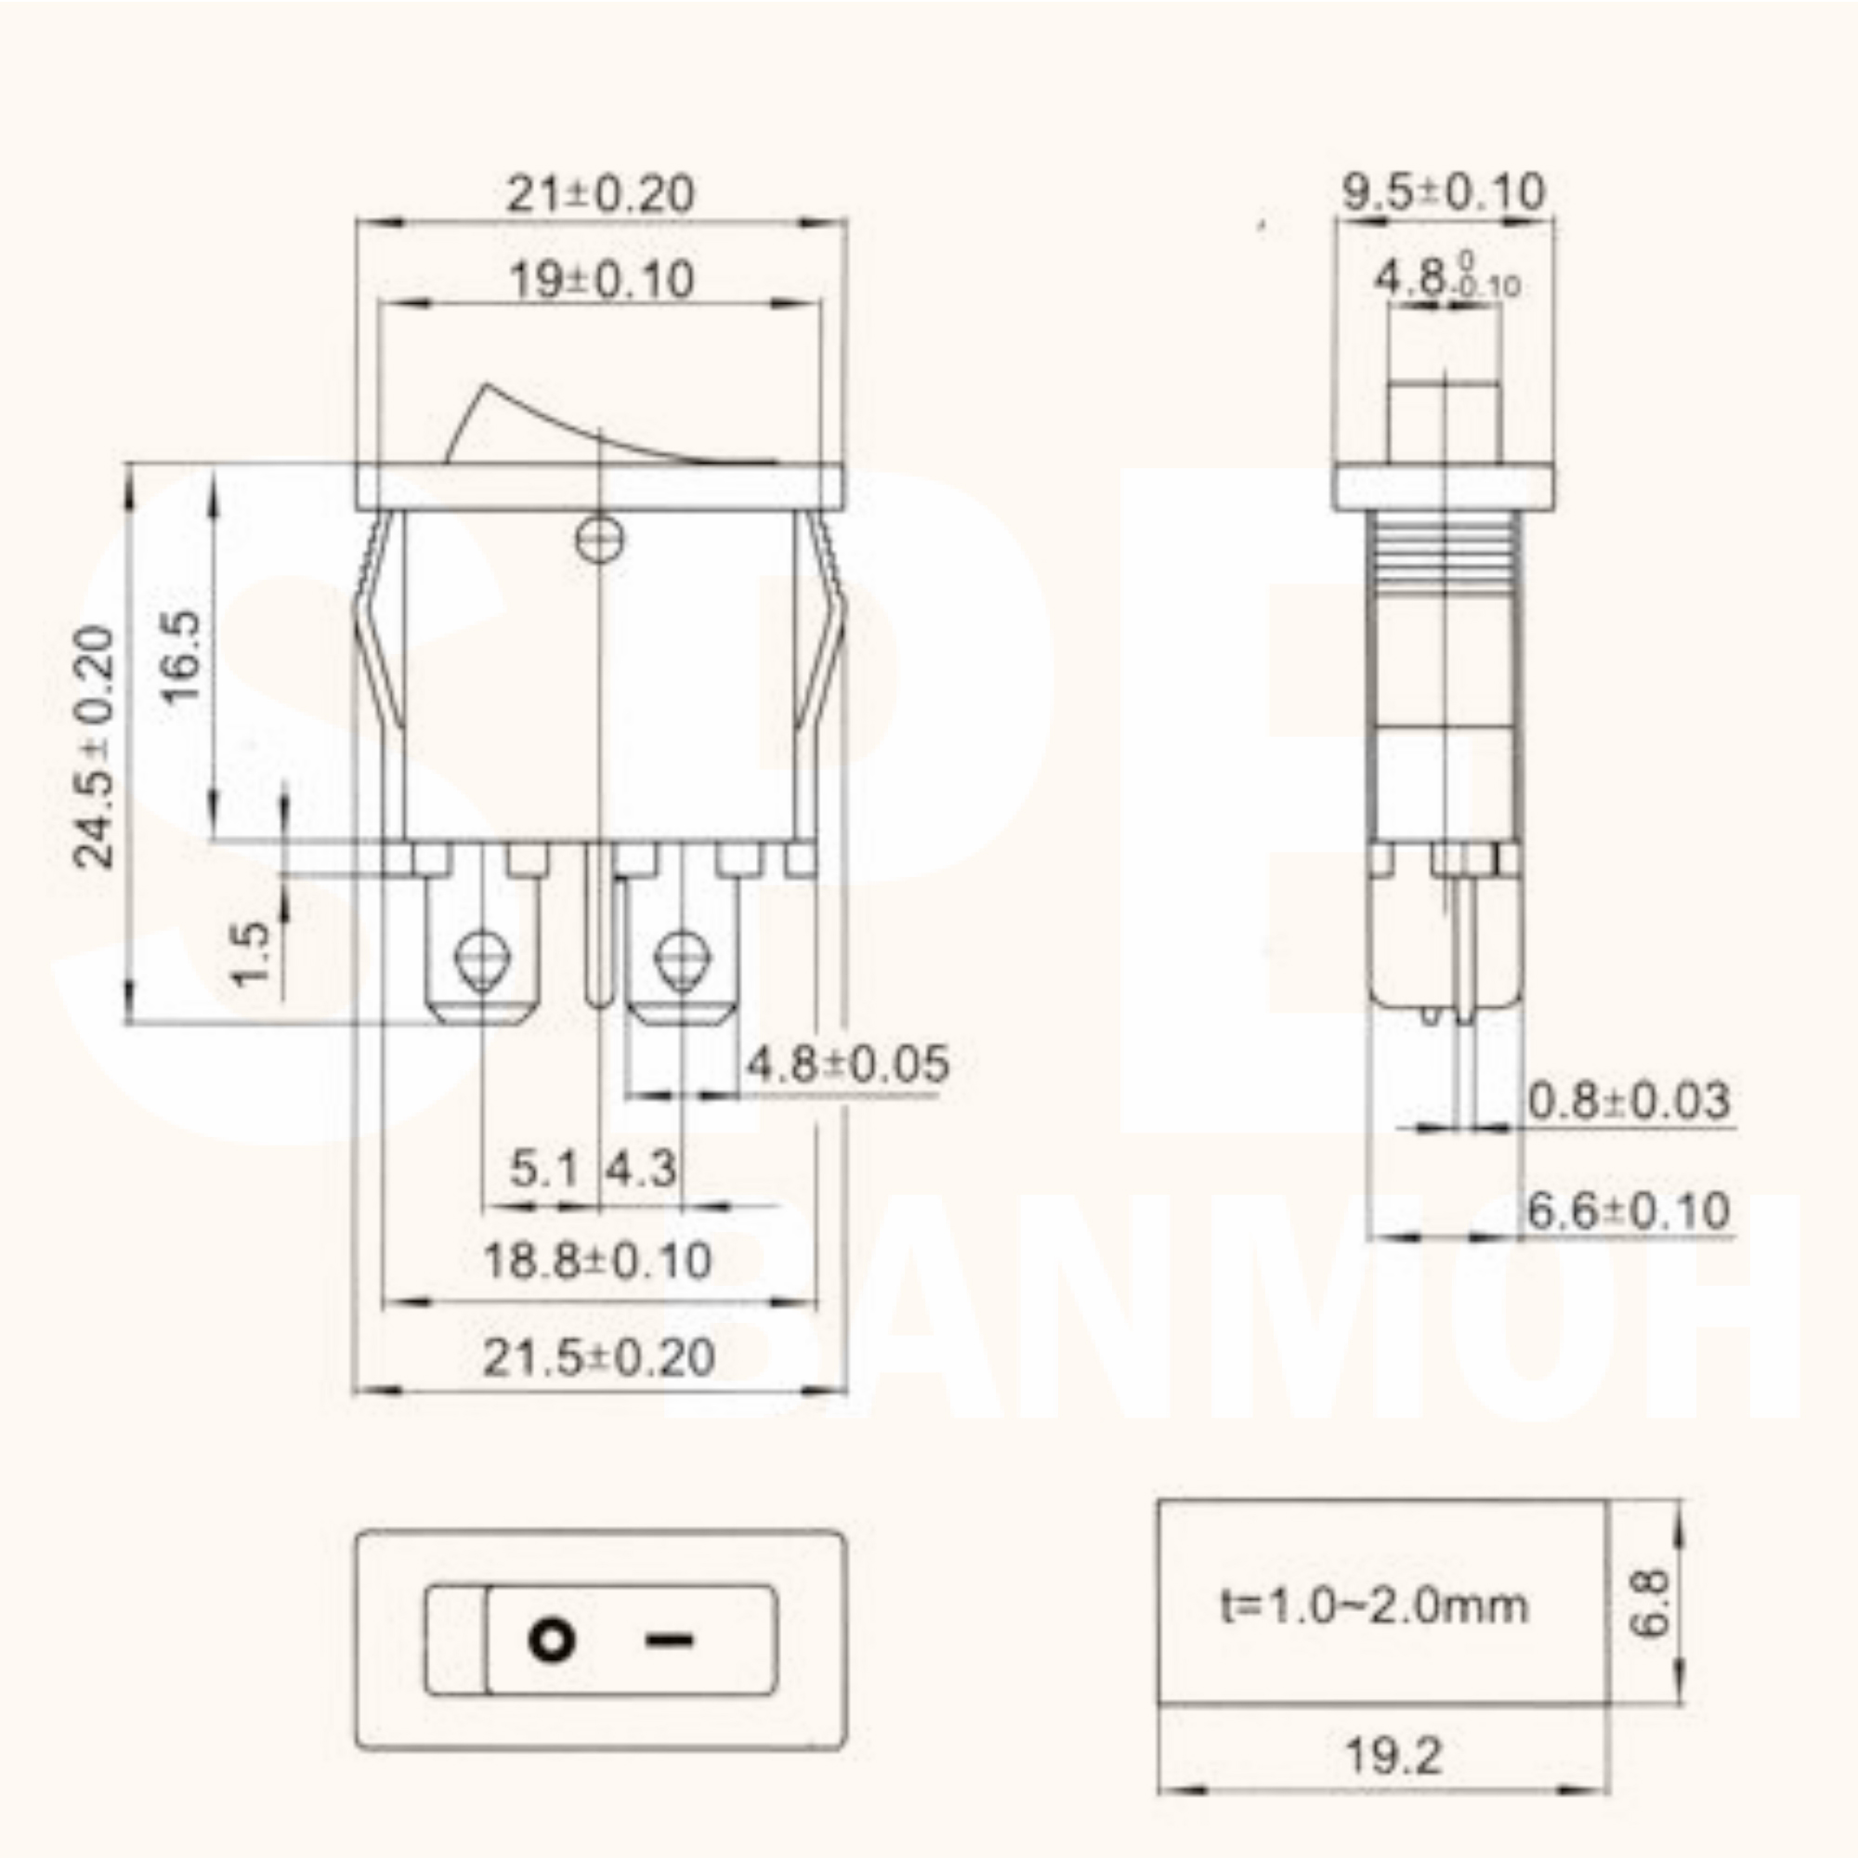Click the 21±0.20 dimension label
(x=599, y=193)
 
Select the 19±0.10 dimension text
(x=600, y=280)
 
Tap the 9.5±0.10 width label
(x=1444, y=191)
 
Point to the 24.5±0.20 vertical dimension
(x=94, y=747)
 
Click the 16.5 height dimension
(x=180, y=657)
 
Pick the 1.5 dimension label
(x=251, y=953)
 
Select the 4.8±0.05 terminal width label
(x=847, y=1064)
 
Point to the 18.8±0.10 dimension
(x=596, y=1261)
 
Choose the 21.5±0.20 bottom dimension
(x=598, y=1358)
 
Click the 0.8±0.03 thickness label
(x=1629, y=1100)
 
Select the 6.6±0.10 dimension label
(x=1629, y=1210)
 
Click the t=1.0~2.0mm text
(x=1373, y=1605)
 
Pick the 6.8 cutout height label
(x=1650, y=1603)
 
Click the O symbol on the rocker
(x=552, y=1639)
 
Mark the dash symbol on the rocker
(x=668, y=1640)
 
